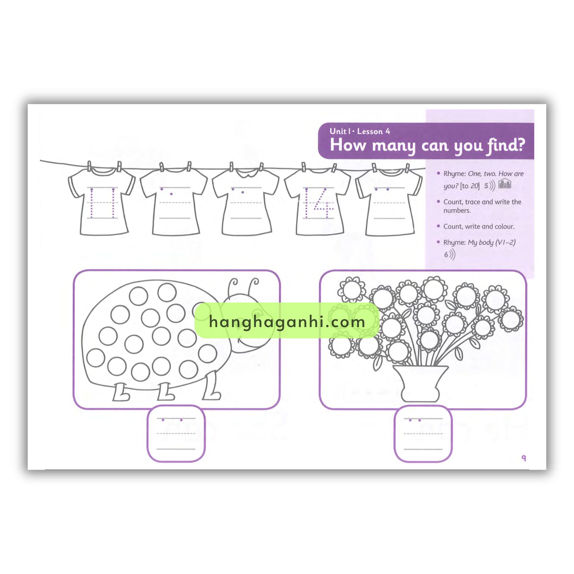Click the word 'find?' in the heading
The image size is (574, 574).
tap(505, 145)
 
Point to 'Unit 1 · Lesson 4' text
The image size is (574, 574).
tap(360, 131)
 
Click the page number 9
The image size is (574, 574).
tap(524, 459)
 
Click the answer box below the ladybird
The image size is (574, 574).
tap(176, 434)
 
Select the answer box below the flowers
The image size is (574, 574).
tap(423, 434)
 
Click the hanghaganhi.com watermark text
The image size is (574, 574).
tap(287, 322)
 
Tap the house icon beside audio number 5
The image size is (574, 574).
tap(505, 184)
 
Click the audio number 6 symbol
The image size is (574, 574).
tap(450, 254)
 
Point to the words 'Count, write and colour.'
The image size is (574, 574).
tap(479, 226)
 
